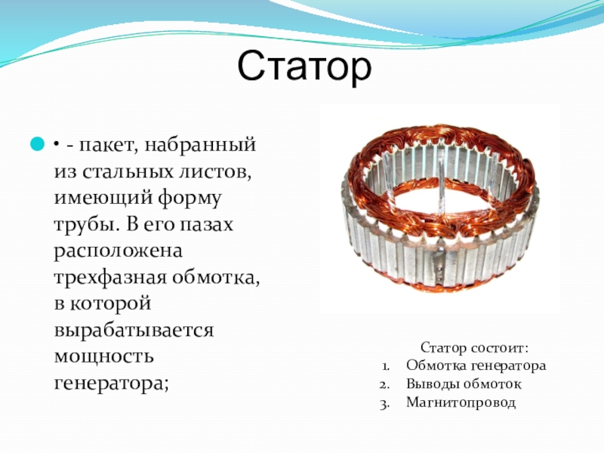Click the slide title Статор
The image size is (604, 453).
click(304, 66)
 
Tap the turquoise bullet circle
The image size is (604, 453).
click(37, 144)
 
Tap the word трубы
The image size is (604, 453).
click(86, 225)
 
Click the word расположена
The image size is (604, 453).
click(119, 251)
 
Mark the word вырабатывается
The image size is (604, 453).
click(134, 331)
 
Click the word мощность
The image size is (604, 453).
click(104, 356)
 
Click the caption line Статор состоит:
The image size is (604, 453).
click(474, 348)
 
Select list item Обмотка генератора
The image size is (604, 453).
click(476, 365)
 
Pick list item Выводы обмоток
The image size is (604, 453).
click(464, 384)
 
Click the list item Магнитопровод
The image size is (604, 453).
click(461, 403)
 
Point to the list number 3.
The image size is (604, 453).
click(384, 405)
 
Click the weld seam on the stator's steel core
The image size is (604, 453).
click(439, 265)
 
